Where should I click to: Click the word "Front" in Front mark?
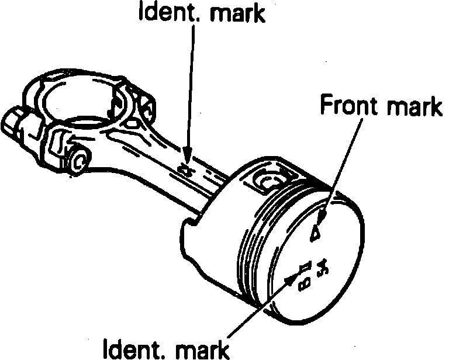coord(347,107)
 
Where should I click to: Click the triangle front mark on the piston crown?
coord(316,232)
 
